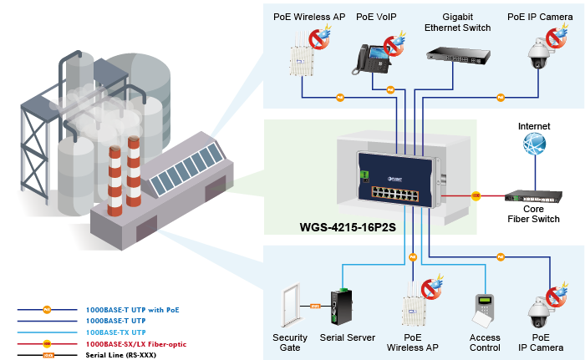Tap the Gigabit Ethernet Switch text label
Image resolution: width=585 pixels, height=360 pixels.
tap(455, 22)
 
